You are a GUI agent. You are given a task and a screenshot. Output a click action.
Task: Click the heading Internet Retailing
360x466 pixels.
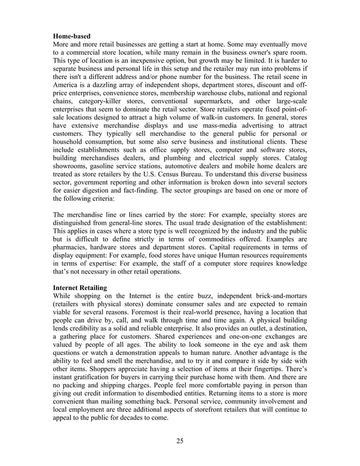coord(84,288)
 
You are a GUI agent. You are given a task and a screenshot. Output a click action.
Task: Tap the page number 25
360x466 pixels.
coord(179,441)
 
